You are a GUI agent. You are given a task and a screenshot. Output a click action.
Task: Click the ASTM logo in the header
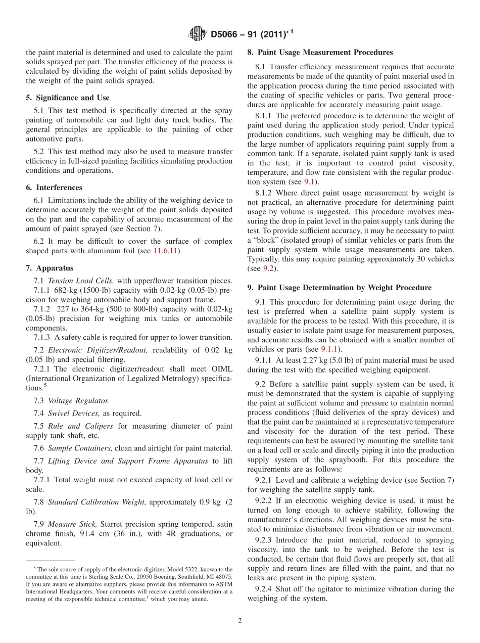point(198,34)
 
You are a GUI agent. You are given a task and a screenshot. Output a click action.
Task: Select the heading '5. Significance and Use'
point(68,98)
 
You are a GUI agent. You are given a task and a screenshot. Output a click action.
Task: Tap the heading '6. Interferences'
point(54,188)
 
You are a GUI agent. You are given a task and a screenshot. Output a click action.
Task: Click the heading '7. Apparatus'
point(50,268)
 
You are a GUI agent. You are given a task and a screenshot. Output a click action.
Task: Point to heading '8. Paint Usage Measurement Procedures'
point(320,52)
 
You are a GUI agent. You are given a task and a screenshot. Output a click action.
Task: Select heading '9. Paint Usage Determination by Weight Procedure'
point(340,288)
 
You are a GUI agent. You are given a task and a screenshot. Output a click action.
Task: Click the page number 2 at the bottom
point(240,621)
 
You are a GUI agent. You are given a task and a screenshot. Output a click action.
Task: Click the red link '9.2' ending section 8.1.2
point(268,268)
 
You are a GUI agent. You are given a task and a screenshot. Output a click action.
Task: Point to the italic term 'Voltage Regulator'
point(78,401)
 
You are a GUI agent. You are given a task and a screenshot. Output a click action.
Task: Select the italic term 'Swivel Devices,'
point(73,414)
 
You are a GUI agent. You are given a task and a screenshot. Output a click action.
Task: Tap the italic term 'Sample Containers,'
point(79,448)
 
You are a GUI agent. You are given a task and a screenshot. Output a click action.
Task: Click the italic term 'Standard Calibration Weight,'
point(97,502)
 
